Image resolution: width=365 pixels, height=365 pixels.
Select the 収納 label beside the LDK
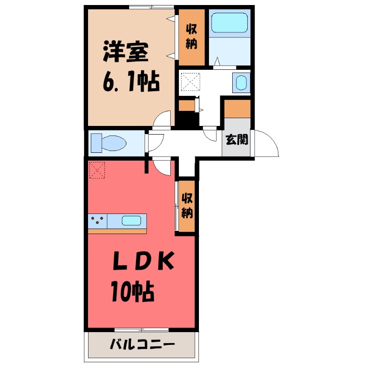coord(187,206)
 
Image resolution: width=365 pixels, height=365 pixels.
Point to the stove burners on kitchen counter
coord(98,221)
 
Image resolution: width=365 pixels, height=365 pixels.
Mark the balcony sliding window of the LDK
coord(141,329)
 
